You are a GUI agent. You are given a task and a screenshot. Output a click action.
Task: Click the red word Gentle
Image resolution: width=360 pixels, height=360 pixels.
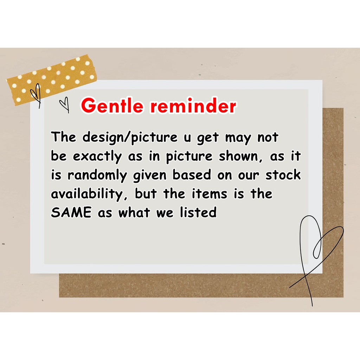pyautogui.click(x=112, y=105)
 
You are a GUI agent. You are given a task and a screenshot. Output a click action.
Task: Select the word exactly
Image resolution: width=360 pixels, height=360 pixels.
pyautogui.click(x=97, y=157)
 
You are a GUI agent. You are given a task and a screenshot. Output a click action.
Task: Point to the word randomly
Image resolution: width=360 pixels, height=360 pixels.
pyautogui.click(x=97, y=176)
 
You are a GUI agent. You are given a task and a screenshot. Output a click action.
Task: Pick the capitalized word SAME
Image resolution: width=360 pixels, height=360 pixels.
pyautogui.click(x=71, y=212)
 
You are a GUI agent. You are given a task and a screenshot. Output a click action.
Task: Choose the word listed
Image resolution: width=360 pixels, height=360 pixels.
pyautogui.click(x=198, y=212)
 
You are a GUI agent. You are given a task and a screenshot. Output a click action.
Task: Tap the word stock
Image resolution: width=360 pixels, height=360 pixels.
pyautogui.click(x=283, y=175)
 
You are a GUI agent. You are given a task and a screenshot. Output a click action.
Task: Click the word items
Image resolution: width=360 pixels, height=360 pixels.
pyautogui.click(x=210, y=194)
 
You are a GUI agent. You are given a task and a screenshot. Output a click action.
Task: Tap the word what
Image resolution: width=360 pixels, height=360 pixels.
pyautogui.click(x=134, y=212)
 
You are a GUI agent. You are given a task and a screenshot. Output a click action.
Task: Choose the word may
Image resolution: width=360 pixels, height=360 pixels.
pyautogui.click(x=238, y=139)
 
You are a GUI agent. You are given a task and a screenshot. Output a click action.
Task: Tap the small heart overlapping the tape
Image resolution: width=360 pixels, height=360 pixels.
pyautogui.click(x=37, y=95)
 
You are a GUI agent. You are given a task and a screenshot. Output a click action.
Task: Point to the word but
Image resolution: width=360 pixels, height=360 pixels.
pyautogui.click(x=146, y=194)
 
